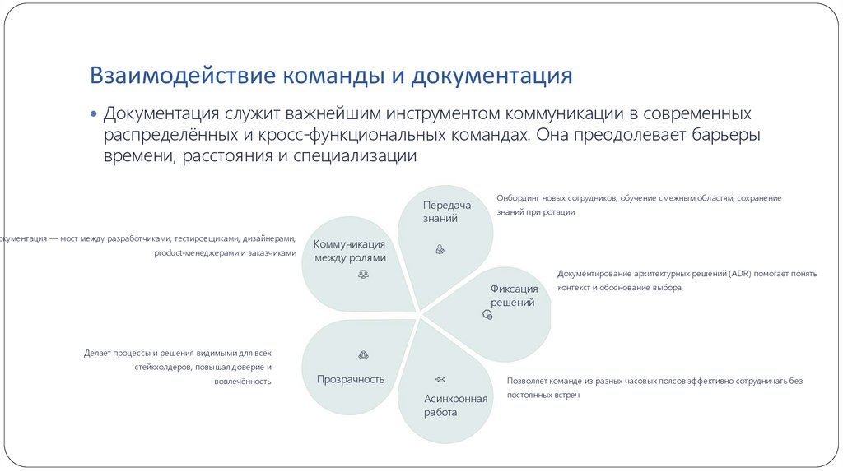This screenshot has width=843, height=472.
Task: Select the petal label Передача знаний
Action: (x=446, y=211)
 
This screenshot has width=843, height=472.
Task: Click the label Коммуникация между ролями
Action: (x=350, y=251)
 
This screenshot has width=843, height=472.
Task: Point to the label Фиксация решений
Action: (x=514, y=295)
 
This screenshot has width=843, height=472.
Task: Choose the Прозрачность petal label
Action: (x=351, y=379)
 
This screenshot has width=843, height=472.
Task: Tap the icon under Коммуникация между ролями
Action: (x=363, y=275)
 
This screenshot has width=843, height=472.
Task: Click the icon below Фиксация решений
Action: (x=487, y=314)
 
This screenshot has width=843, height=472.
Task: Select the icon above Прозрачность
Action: (x=363, y=354)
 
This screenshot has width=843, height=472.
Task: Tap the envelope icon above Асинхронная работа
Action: (x=440, y=378)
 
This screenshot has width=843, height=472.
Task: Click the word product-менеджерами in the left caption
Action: (x=196, y=253)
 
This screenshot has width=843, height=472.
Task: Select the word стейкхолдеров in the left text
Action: (x=161, y=367)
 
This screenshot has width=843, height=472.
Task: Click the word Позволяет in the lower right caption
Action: (x=526, y=381)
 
